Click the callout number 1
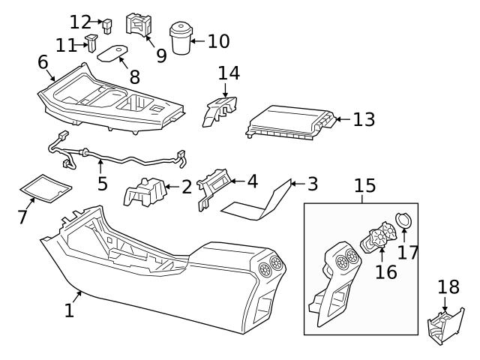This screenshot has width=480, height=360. click(69, 310)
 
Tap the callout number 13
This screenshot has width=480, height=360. click(364, 119)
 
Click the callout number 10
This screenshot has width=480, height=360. click(218, 40)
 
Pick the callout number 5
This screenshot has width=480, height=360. click(102, 183)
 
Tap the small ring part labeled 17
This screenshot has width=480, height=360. click(404, 220)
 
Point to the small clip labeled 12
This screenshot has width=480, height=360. click(107, 25)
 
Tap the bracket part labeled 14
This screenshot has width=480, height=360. click(220, 109)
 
